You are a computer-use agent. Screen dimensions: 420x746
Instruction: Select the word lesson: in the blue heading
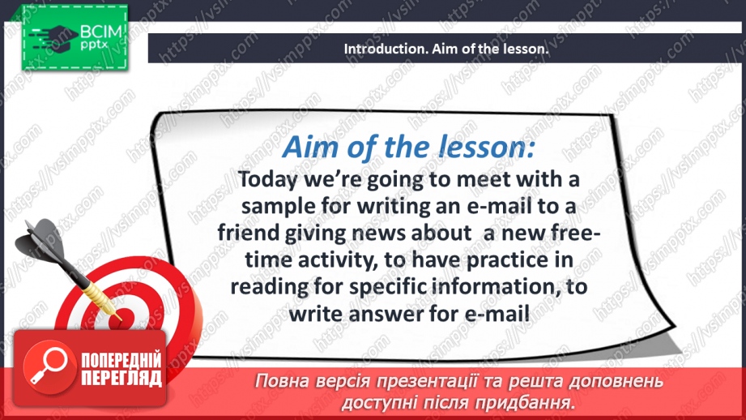pyautogui.click(x=488, y=147)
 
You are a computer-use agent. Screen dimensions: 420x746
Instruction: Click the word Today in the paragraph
pyautogui.click(x=273, y=178)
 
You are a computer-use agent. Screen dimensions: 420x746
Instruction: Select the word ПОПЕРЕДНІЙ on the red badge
pyautogui.click(x=122, y=362)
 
